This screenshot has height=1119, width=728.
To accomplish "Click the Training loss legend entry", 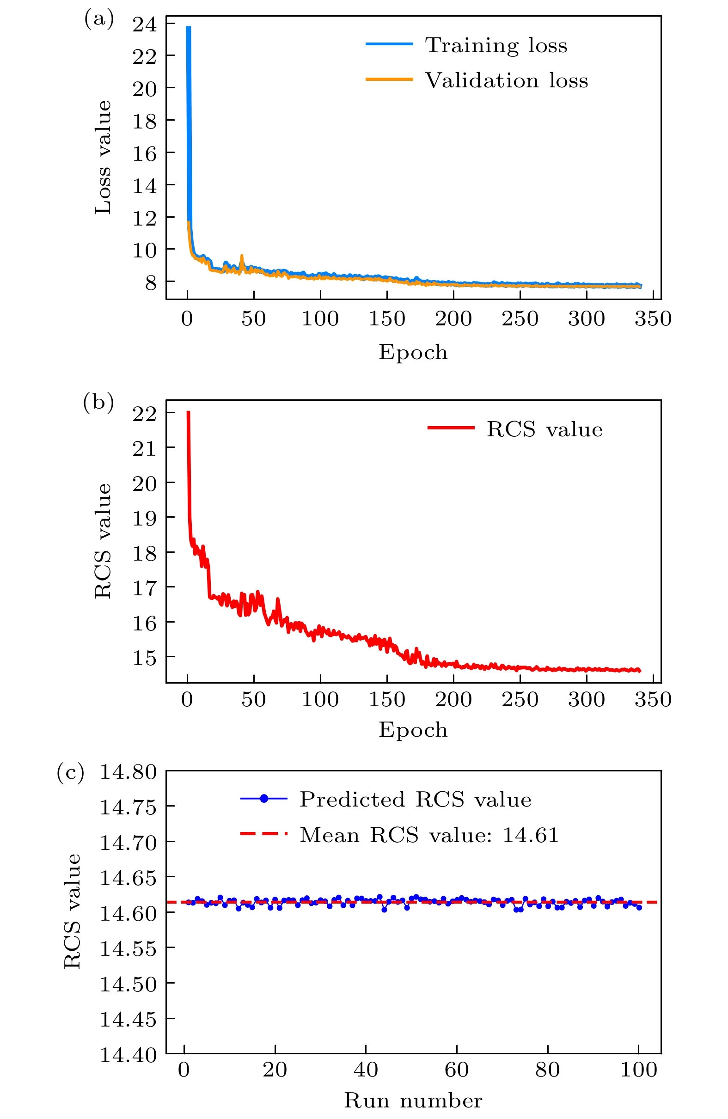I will point(496,45).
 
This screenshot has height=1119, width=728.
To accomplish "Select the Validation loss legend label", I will point(506,80).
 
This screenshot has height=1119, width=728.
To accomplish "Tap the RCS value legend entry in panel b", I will point(544,429).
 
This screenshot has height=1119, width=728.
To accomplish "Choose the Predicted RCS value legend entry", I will point(415,799).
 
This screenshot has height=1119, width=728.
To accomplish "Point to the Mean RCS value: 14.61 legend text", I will point(429,835).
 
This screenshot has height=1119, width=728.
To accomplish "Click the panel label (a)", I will point(99,19).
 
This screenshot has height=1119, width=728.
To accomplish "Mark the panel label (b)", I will point(98,403).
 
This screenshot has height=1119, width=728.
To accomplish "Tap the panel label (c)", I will point(71,772).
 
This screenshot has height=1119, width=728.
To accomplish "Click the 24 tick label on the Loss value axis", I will point(144,24).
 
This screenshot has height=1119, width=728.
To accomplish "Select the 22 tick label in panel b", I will point(144,414).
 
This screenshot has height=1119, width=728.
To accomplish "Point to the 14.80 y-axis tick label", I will point(128,772).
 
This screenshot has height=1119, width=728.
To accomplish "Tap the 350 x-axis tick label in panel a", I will point(653,319).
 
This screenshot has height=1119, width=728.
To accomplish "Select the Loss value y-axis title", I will point(103,158).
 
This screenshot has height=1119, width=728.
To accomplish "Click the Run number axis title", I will point(413,1101).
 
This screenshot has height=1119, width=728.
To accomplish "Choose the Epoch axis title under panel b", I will point(413,729).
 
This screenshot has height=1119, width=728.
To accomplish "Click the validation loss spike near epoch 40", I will point(242,256).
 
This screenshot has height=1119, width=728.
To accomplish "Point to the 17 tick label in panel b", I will point(144,588).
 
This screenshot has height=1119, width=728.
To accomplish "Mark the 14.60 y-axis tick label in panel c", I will point(128,913).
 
